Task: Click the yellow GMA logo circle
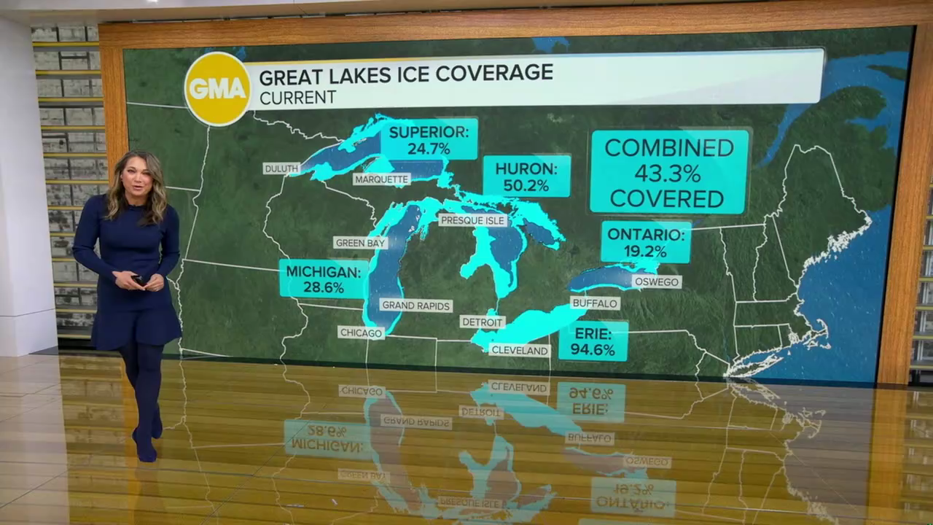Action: [x=217, y=88]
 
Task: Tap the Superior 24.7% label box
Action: [x=429, y=139]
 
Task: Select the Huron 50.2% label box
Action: [x=526, y=176]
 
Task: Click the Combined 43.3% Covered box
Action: [x=668, y=172]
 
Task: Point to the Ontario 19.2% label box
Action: [x=646, y=242]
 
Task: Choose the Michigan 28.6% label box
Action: [x=323, y=279]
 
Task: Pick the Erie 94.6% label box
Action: [x=593, y=341]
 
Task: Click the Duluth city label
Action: [x=281, y=168]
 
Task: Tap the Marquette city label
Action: [x=381, y=179]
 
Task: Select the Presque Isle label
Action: [x=473, y=220]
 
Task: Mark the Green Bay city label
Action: [x=360, y=243]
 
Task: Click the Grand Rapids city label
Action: [x=415, y=306]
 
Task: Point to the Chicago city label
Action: [x=361, y=332]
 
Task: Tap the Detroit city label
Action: [x=482, y=322]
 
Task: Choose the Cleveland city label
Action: [x=520, y=350]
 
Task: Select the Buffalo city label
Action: [x=595, y=303]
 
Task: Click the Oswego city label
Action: [x=656, y=281]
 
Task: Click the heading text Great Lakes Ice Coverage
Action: [x=406, y=74]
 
